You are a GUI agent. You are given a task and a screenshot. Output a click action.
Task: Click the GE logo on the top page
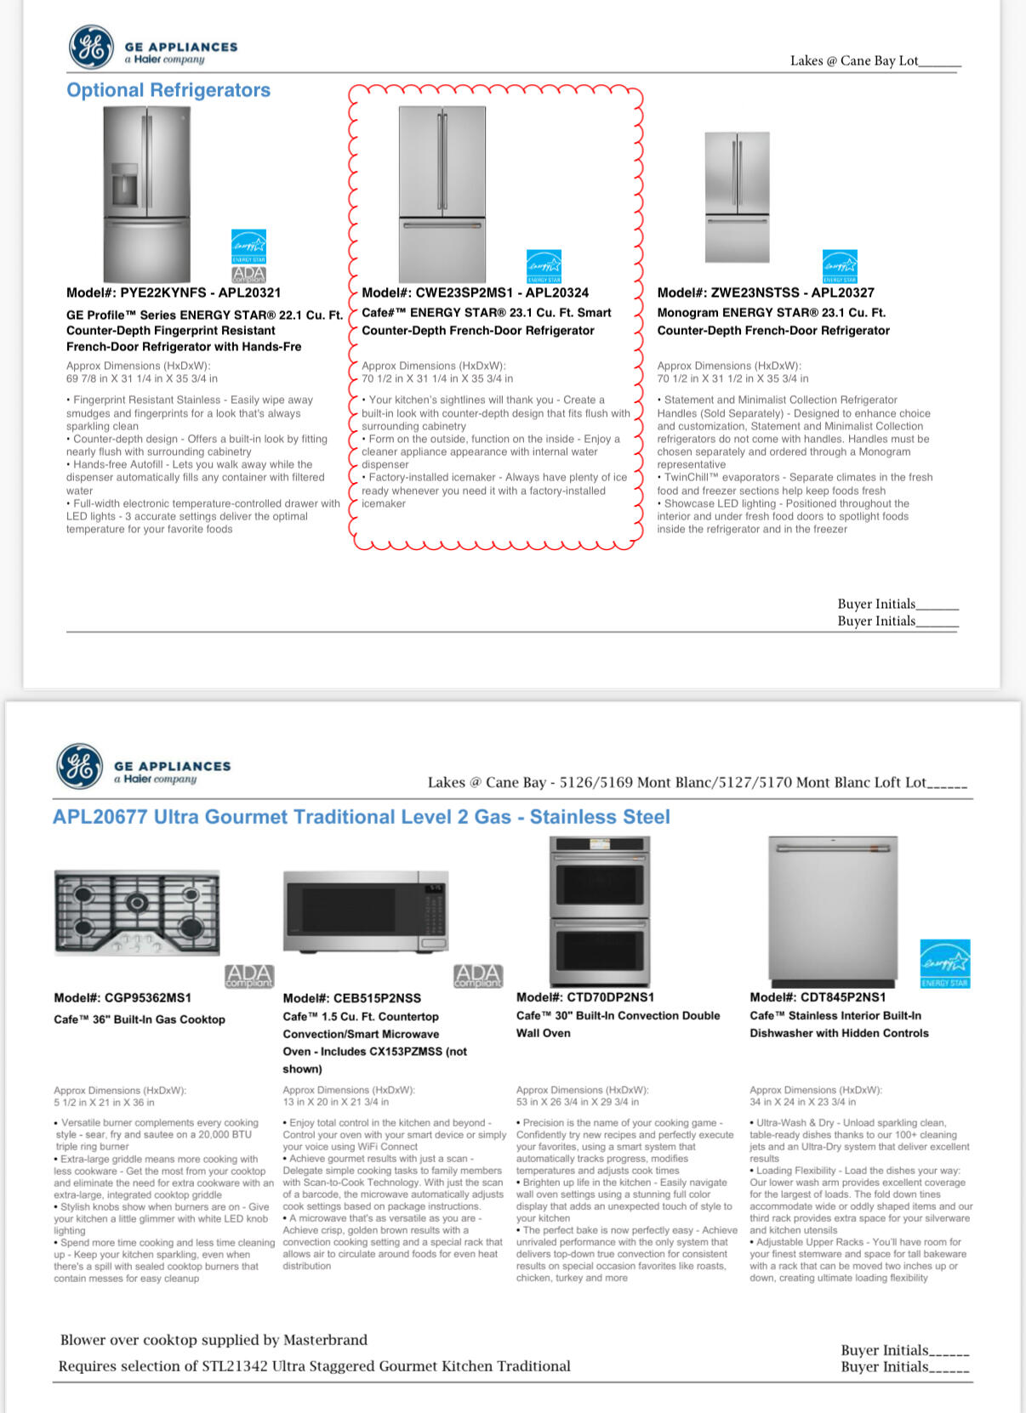[x=90, y=47]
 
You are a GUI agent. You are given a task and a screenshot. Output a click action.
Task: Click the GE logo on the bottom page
[x=79, y=766]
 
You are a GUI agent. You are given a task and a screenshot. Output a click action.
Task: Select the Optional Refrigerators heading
[x=168, y=90]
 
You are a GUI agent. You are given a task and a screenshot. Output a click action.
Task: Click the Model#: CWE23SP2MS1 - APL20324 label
[x=475, y=292]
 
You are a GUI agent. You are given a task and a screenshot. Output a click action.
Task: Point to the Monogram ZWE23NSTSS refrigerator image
[x=737, y=196]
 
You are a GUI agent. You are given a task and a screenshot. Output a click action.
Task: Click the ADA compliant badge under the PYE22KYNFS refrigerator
[x=248, y=275]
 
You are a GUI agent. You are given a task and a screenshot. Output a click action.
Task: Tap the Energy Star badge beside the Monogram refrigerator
[x=839, y=266]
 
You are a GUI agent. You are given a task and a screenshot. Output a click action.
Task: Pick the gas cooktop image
[x=137, y=913]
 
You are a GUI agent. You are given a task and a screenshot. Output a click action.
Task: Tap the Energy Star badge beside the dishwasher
[x=944, y=963]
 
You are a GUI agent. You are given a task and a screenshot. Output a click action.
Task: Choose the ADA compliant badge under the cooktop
[x=249, y=976]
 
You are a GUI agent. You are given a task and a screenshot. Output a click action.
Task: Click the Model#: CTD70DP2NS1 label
[x=584, y=997]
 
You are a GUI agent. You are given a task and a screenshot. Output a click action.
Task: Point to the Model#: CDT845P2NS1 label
[x=817, y=997]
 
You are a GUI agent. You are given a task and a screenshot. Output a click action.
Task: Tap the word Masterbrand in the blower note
[x=325, y=1340]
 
